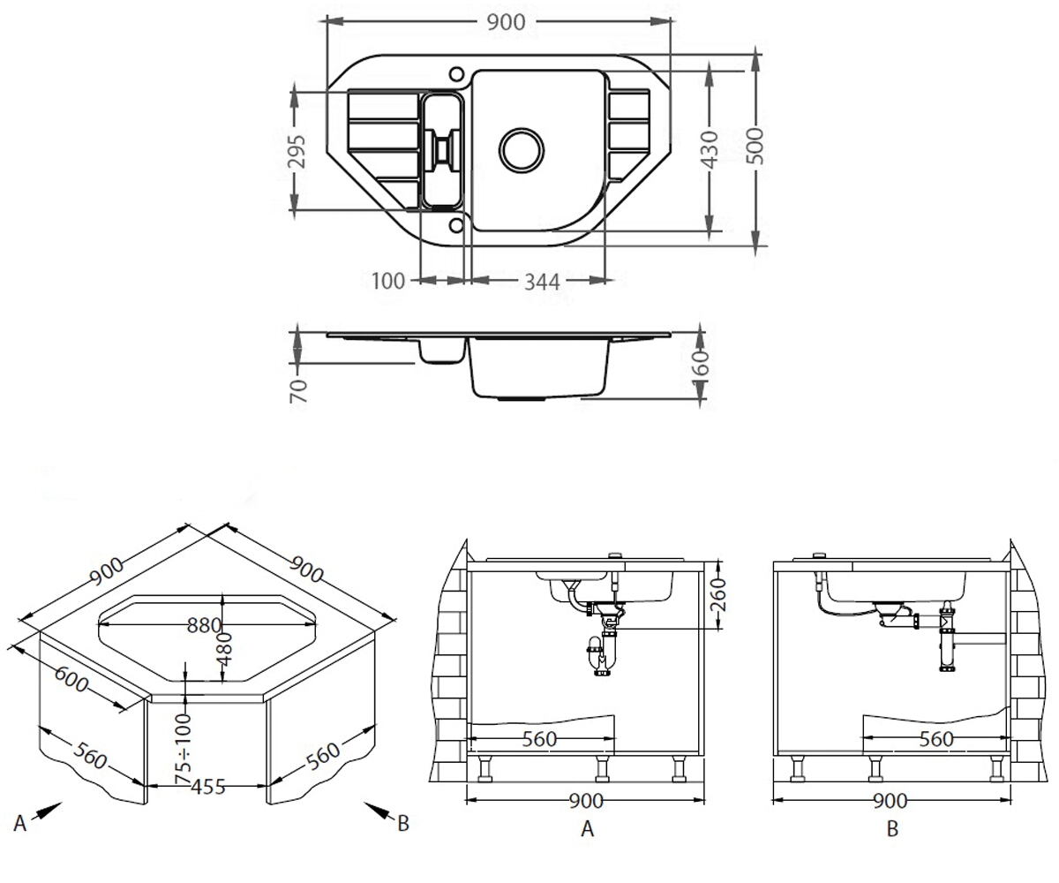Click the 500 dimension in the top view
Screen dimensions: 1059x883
click(755, 146)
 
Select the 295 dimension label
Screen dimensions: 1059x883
click(297, 151)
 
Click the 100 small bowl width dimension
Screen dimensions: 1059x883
click(388, 281)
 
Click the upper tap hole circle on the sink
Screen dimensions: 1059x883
click(456, 74)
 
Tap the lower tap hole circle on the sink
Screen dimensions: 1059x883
click(456, 225)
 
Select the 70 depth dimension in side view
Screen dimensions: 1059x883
click(298, 391)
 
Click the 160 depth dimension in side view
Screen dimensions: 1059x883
click(701, 361)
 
